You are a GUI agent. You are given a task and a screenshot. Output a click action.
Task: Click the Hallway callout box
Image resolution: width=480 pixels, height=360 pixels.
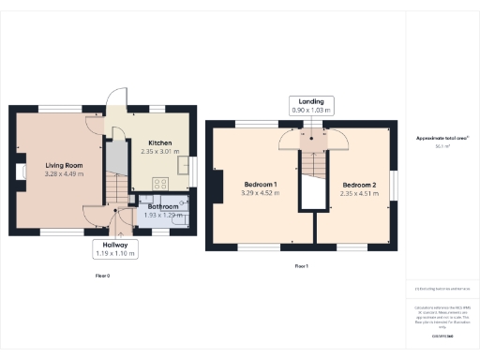pyautogui.click(x=114, y=248)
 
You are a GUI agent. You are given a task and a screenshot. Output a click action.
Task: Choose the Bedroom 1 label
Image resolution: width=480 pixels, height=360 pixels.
pyautogui.click(x=261, y=183)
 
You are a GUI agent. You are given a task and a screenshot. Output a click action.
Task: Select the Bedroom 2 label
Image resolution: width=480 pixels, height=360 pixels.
pyautogui.click(x=358, y=184)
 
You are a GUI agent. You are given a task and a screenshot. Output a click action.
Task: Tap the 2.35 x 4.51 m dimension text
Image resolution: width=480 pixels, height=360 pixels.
pyautogui.click(x=358, y=192)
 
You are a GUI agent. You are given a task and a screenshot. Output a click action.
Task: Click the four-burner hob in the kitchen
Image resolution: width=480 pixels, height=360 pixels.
pyautogui.click(x=160, y=185)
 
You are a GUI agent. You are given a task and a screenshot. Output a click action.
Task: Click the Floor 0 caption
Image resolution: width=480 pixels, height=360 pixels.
pyautogui.click(x=103, y=276)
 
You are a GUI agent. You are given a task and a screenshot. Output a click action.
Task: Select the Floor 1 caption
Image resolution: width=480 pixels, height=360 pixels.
pyautogui.click(x=302, y=266)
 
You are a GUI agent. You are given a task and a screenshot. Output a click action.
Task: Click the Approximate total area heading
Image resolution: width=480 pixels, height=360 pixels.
pyautogui.click(x=442, y=138)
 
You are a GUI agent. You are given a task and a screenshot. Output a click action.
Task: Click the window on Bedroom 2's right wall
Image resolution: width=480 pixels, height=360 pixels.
pyautogui.click(x=394, y=184)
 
